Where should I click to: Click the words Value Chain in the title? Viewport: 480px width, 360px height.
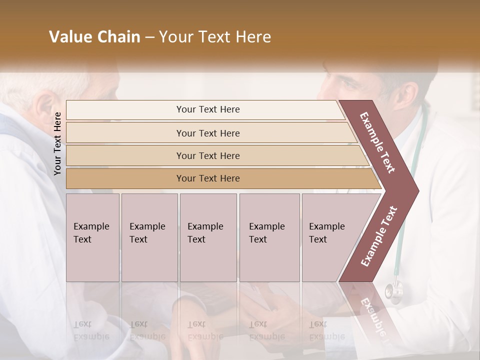pos(94,37)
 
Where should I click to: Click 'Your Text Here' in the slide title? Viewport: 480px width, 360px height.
pos(215,37)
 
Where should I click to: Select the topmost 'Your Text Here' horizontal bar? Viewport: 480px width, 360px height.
pos(208,109)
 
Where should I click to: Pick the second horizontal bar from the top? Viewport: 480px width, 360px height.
pos(208,133)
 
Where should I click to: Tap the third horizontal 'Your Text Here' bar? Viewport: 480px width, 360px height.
pos(208,155)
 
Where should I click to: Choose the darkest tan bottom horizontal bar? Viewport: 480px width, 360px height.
pos(208,178)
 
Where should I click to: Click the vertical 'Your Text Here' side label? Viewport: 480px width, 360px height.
pos(58,143)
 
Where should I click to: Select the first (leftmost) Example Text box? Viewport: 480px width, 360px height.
pos(92,237)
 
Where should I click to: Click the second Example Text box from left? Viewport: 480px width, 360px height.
pos(149,237)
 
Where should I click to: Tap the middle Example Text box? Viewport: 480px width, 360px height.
pos(208,237)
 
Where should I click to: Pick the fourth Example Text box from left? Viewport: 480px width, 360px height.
pos(269,237)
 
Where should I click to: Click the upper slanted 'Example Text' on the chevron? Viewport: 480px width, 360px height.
pos(377,142)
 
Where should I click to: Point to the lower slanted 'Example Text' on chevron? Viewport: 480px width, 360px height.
pos(379,236)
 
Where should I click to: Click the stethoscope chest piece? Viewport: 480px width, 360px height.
pos(393,290)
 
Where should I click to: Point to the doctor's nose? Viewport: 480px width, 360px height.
pos(324,90)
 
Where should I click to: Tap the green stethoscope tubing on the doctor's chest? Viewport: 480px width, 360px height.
pos(400,240)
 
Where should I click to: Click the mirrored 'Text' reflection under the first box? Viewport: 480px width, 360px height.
pos(82,324)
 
